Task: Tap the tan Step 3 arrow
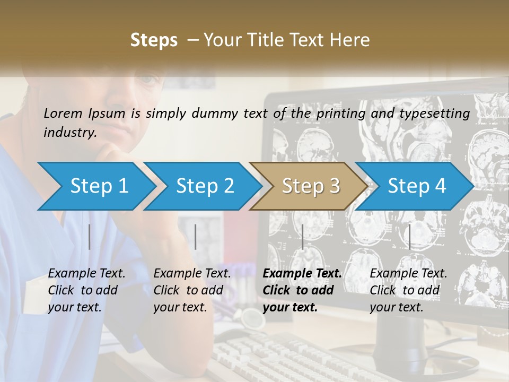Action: [x=311, y=186]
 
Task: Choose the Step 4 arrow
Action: [x=417, y=186]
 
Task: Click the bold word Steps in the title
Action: [x=154, y=40]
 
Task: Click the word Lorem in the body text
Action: [x=63, y=113]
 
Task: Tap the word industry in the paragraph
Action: [x=69, y=132]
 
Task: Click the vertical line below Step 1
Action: [x=90, y=237]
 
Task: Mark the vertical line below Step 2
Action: [x=196, y=237]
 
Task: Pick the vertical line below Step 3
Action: [x=302, y=237]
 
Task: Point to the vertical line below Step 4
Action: [x=409, y=237]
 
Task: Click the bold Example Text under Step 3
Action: [x=302, y=274]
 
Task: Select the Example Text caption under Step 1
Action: [x=86, y=274]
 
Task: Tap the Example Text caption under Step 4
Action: [x=408, y=274]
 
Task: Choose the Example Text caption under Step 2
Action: [x=192, y=274]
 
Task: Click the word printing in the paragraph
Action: [x=336, y=113]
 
